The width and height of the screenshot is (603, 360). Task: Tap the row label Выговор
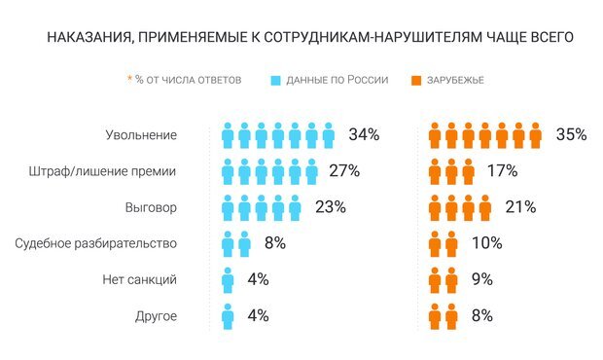tap(148, 207)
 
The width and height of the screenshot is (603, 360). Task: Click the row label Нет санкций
tap(139, 279)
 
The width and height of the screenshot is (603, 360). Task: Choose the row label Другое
tap(151, 315)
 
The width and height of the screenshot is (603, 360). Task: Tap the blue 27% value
tap(343, 171)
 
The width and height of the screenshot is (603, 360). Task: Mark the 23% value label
tap(330, 207)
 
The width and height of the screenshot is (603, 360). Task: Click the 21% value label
tap(521, 207)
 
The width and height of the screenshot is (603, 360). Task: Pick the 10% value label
tap(486, 243)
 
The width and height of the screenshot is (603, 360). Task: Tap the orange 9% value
tap(480, 279)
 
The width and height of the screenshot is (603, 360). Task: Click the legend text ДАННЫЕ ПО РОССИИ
tap(337, 79)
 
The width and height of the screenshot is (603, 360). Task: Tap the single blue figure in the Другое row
tap(228, 315)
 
